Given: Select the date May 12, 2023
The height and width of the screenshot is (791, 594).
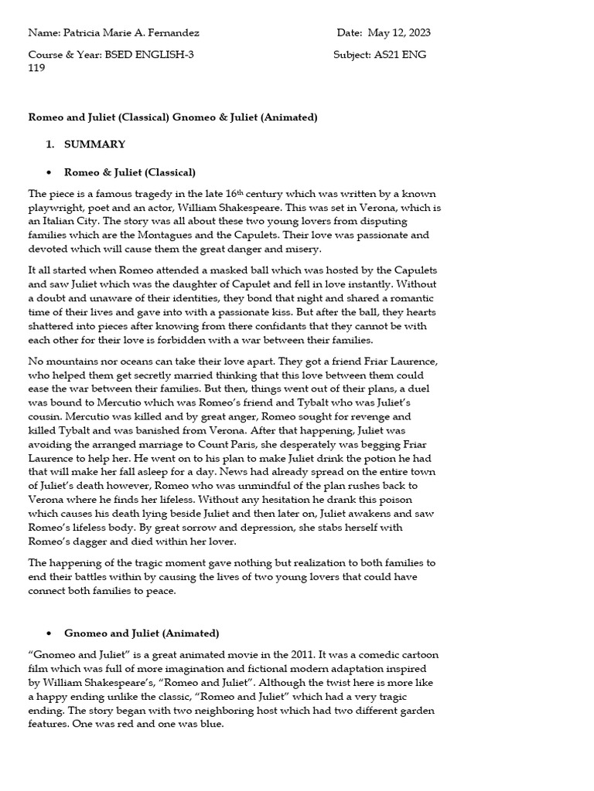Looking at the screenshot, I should pos(399,33).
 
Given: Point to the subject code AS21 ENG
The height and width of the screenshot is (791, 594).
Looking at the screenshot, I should pos(400,55).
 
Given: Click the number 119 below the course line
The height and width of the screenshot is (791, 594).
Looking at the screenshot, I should pos(36,67).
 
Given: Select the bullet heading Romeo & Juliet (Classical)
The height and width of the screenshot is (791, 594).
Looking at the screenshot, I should pos(130,172).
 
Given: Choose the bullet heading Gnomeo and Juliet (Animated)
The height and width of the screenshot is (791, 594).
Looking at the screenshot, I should pos(142,633).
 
